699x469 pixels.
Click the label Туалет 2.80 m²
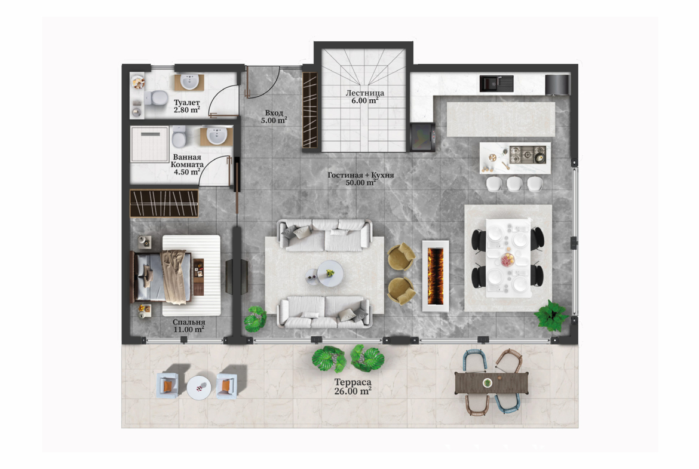click(x=187, y=106)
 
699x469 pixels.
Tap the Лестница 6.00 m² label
click(x=364, y=97)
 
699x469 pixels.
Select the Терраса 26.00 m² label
click(x=352, y=387)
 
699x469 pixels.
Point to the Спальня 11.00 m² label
click(x=189, y=326)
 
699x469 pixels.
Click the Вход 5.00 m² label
click(x=274, y=117)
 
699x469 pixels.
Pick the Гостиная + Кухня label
click(x=361, y=175)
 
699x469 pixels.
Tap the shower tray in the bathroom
click(x=150, y=145)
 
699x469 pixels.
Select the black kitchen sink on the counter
click(x=496, y=84)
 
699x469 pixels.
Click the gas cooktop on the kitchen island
click(x=528, y=154)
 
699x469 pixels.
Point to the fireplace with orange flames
click(x=436, y=276)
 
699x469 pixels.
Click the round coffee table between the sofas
click(x=330, y=273)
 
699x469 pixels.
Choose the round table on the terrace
click(x=199, y=387)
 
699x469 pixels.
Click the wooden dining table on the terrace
click(x=491, y=383)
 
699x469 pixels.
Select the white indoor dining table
click(x=508, y=258)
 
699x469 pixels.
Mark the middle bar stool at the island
click(x=514, y=183)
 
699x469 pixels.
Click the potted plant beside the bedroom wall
click(x=256, y=319)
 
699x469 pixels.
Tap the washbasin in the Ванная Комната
click(x=217, y=136)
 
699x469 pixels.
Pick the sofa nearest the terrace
click(x=324, y=312)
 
